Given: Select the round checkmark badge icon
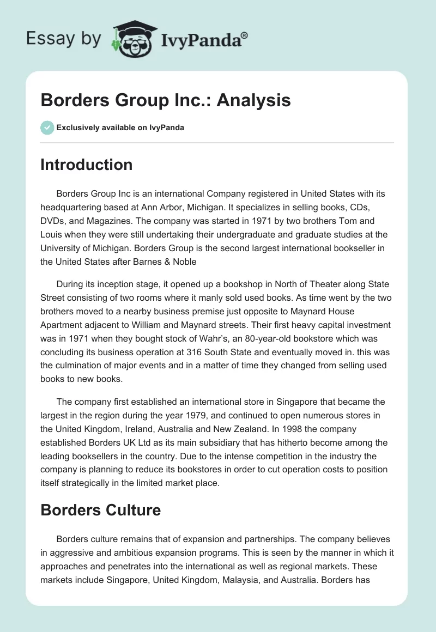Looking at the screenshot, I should (47, 127).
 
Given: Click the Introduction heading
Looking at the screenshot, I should (86, 165).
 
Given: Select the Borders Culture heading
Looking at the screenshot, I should (100, 510).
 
